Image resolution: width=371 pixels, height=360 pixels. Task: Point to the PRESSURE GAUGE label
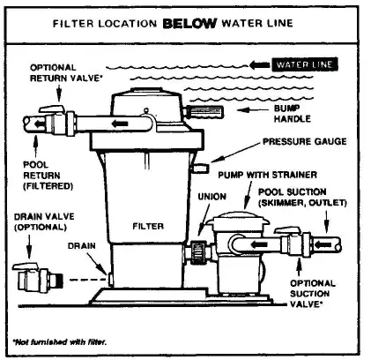302,140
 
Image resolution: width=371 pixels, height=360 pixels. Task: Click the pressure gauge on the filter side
201,167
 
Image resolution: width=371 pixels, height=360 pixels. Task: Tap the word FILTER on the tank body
147,227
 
